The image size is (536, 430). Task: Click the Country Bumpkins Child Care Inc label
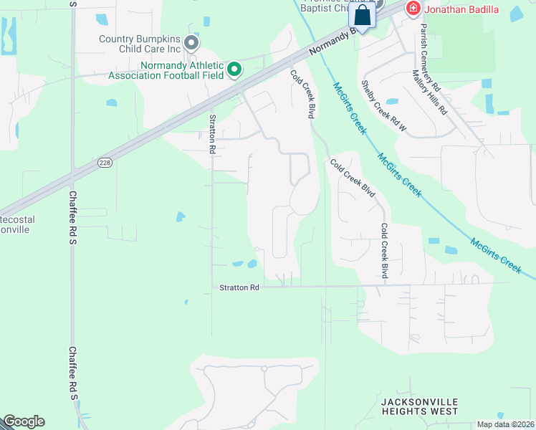pos(140,44)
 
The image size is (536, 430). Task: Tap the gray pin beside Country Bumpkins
pos(191,44)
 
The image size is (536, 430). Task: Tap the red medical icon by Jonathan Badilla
pos(412,9)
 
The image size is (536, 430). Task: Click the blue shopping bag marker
pos(363,15)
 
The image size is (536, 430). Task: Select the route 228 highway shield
pos(104,163)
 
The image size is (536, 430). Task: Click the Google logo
pos(23,421)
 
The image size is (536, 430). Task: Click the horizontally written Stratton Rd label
pos(239,287)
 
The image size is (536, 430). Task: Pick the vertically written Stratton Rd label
pos(212,134)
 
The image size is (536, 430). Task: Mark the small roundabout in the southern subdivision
pos(264,368)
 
